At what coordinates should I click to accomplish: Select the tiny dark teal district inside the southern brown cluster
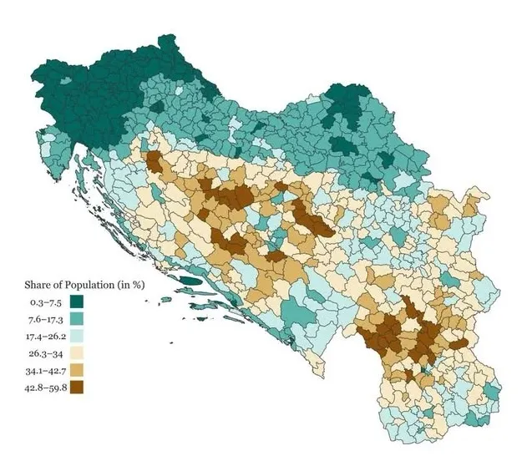[x=425, y=368]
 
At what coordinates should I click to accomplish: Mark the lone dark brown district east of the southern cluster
[x=459, y=342]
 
